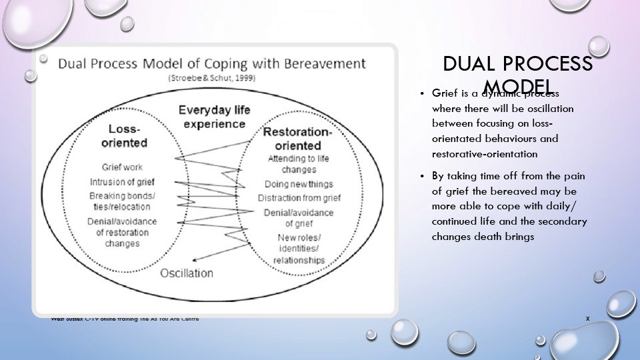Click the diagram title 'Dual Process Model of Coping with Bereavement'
tap(211, 64)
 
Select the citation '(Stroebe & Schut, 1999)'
tap(211, 78)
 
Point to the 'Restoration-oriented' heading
tap(297, 138)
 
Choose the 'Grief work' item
tap(122, 167)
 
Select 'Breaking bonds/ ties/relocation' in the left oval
tap(122, 201)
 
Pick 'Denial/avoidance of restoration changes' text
tap(122, 233)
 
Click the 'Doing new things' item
tap(299, 183)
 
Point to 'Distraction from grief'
tap(299, 198)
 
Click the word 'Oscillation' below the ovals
tap(187, 273)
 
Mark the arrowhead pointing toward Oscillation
tap(193, 261)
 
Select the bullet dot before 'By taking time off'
tap(422, 175)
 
